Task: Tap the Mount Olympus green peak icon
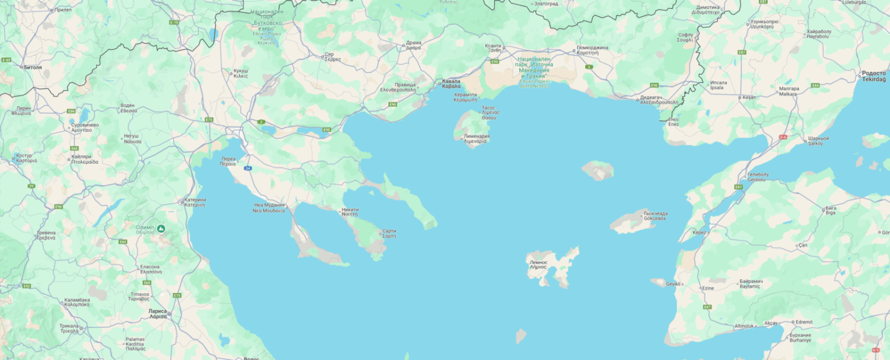[161, 228]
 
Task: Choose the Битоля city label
[33, 67]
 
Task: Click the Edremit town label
[804, 322]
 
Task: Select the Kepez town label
[700, 232]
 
